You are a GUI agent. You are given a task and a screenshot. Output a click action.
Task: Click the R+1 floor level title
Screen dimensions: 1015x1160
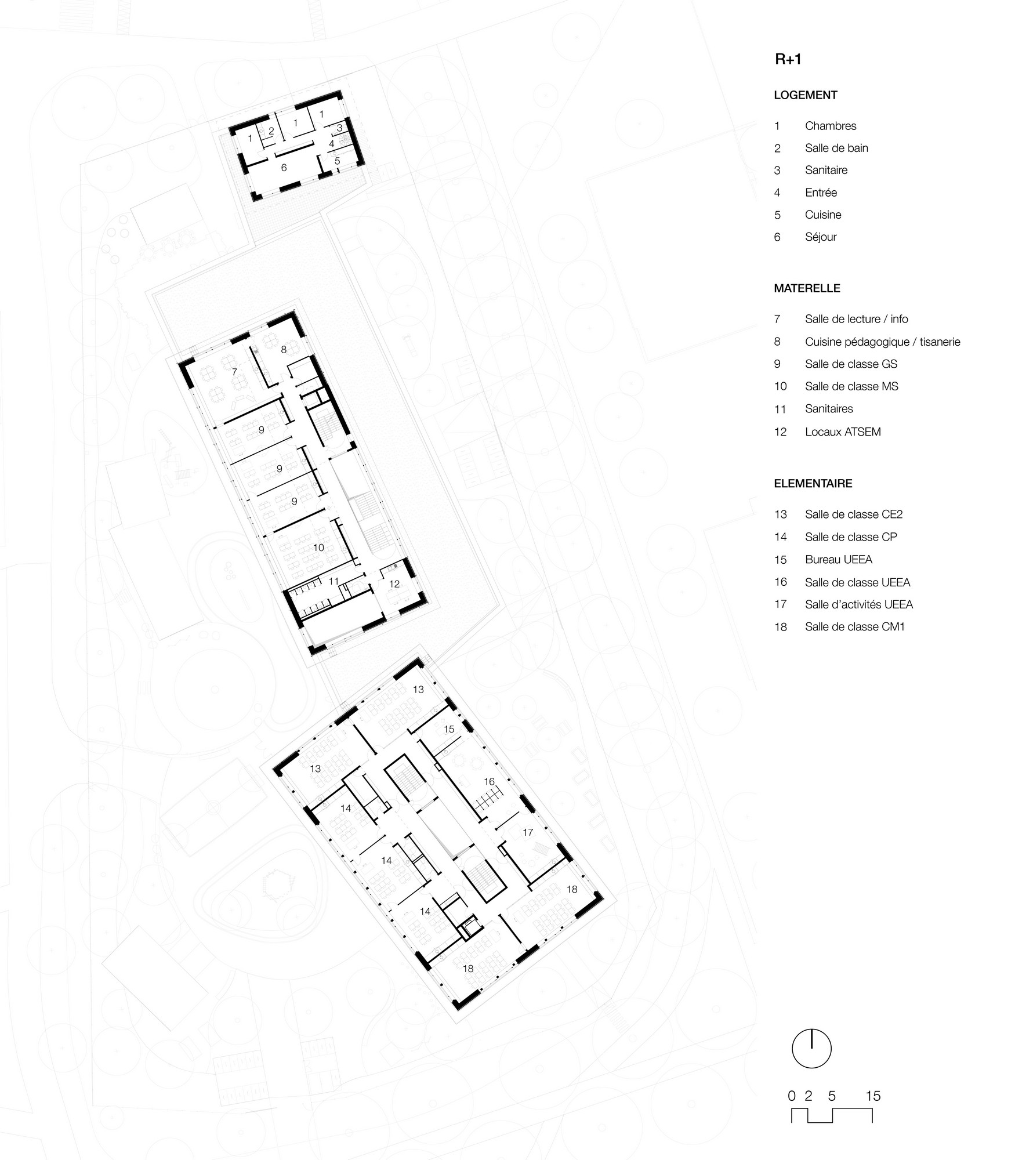[788, 59]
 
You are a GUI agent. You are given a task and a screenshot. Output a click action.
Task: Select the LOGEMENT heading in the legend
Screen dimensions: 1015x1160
[806, 95]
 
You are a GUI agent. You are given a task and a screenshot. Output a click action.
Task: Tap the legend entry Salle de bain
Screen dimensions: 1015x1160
[836, 148]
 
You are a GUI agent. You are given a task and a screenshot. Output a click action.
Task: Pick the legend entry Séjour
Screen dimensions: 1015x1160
[821, 237]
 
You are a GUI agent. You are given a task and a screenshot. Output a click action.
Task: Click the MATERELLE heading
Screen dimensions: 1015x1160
[807, 288]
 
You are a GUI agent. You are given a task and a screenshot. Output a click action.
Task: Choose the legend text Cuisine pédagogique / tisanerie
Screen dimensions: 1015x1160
[882, 342]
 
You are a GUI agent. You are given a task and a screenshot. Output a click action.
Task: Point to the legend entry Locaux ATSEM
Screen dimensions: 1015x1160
[843, 432]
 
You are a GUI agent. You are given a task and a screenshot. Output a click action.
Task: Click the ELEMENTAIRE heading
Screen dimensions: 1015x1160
[813, 484]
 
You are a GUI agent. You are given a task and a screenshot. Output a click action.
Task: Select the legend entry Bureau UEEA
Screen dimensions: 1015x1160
[839, 560]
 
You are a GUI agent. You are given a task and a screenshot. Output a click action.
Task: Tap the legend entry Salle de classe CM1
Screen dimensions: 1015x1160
[855, 627]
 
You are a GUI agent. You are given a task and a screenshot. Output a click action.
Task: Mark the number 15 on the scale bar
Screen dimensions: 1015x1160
[873, 1096]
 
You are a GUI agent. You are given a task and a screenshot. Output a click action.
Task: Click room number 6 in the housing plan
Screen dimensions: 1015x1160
[284, 168]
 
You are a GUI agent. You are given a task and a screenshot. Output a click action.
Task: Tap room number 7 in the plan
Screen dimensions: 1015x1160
[234, 371]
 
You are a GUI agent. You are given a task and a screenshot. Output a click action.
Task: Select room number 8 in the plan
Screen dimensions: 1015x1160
[284, 349]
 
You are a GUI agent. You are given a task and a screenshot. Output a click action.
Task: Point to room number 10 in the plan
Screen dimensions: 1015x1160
[318, 548]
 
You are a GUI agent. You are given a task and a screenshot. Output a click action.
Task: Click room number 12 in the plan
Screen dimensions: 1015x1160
[394, 584]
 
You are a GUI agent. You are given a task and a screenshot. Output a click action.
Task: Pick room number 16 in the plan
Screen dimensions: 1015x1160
[490, 781]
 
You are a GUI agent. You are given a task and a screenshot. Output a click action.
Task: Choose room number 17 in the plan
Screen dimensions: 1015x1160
[528, 832]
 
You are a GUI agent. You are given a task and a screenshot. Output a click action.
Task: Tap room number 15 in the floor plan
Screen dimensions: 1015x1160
[449, 729]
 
